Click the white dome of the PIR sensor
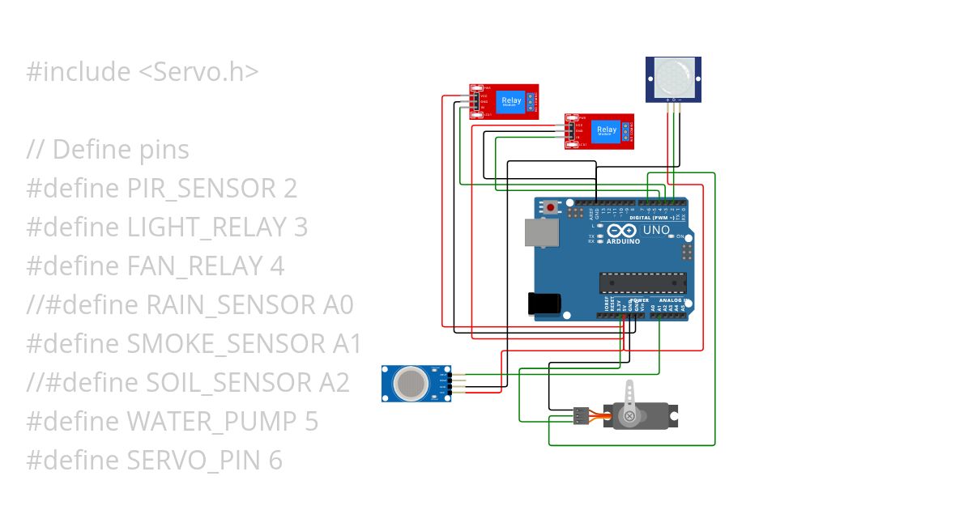point(674,78)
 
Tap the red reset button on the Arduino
point(552,207)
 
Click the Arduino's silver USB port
point(537,232)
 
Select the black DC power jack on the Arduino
point(544,303)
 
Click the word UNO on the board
point(656,230)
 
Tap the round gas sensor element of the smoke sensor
point(412,383)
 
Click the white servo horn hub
point(629,415)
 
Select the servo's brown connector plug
point(581,416)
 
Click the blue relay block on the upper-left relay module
point(512,104)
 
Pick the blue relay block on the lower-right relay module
point(606,130)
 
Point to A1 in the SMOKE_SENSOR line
point(347,343)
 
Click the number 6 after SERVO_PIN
point(275,460)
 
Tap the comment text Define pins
point(121,149)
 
